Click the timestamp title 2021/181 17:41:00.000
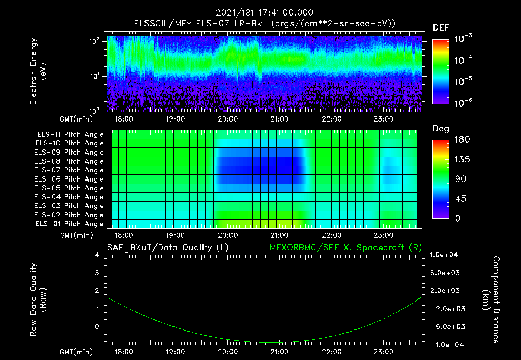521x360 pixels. click(264, 13)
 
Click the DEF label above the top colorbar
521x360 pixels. click(441, 27)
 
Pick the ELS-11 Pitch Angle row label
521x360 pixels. click(70, 135)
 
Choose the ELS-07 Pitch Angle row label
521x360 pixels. click(70, 170)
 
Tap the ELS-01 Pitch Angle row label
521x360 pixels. click(70, 224)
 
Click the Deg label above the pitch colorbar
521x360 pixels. click(441, 129)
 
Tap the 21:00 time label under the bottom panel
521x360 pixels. click(279, 351)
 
